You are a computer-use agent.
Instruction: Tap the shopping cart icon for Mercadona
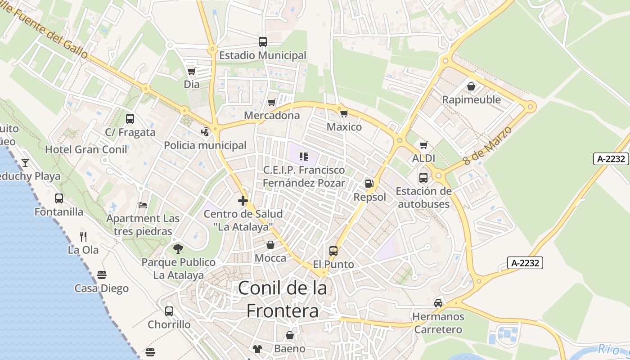coord(271,103)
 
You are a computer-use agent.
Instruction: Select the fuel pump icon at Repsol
coord(369,183)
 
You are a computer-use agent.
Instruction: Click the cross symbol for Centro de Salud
coord(243,201)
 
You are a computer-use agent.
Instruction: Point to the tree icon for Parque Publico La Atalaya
coord(178,248)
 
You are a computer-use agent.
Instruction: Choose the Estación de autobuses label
coord(423,198)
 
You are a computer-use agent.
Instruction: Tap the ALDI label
coord(423,158)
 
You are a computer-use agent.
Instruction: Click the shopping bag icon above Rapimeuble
coord(471,86)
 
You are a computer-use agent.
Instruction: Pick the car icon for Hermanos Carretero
coord(438,303)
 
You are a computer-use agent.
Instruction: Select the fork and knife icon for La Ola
coord(83,236)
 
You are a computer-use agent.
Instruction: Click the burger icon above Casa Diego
coord(102,275)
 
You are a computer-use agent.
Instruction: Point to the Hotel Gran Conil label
coord(86,149)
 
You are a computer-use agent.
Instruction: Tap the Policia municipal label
coord(205,145)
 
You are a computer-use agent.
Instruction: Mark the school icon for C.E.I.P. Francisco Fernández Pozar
coord(304,157)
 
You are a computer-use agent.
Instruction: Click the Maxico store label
coord(344,127)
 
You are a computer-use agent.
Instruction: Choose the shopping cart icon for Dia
coord(192,72)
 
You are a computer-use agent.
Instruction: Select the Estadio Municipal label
coord(263,55)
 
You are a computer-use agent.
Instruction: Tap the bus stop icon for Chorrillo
coord(169,311)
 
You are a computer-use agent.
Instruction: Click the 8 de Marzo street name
coord(488,145)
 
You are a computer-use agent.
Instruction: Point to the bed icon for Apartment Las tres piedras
coord(143,205)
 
